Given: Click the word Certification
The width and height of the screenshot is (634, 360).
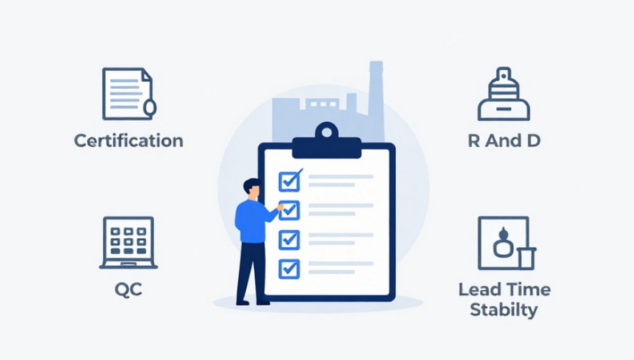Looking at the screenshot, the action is click(x=129, y=141).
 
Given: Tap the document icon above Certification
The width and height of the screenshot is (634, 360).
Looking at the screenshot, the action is click(x=129, y=94).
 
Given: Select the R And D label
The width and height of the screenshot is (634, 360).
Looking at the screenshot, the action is click(x=504, y=141).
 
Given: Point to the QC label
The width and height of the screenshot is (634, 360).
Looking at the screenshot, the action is click(x=129, y=290).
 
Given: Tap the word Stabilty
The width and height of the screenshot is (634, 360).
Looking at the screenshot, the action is click(x=504, y=310).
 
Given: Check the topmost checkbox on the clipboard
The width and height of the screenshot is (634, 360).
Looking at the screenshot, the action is click(x=290, y=181).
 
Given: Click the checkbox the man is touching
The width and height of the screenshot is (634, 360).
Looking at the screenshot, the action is click(x=290, y=210).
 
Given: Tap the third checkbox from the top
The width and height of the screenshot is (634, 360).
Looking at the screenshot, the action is click(x=290, y=240).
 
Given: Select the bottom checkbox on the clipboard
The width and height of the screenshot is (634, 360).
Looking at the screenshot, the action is click(x=290, y=269).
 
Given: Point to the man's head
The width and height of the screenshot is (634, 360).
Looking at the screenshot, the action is click(x=252, y=189).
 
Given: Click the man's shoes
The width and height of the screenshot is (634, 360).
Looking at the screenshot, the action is click(x=253, y=302).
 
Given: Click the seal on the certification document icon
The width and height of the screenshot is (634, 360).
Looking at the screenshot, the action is click(x=150, y=107).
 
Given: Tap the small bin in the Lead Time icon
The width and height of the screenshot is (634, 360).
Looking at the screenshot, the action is click(x=527, y=258).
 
